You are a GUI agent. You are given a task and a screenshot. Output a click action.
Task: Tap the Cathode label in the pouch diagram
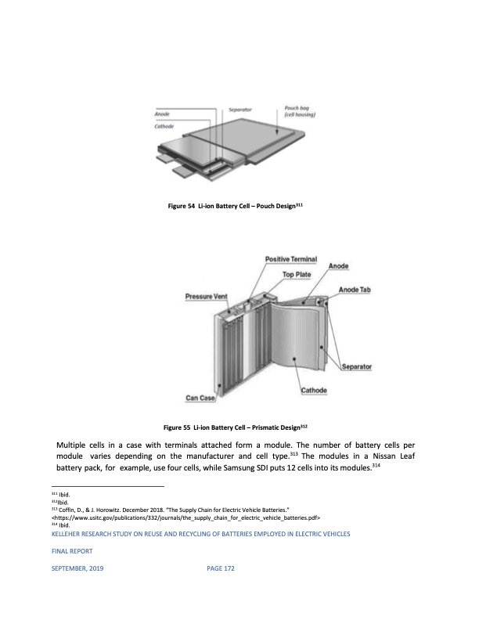click(x=164, y=125)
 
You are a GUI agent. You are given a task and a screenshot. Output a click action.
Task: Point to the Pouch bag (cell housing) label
click(x=297, y=112)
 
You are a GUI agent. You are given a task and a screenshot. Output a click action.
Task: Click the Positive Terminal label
click(x=291, y=259)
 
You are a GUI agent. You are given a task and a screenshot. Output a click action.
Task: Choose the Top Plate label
click(x=297, y=275)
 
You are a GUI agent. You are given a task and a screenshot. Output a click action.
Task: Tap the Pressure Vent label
click(x=206, y=296)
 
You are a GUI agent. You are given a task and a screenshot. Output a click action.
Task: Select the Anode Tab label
click(x=355, y=290)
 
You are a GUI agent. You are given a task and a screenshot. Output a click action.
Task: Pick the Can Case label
click(x=200, y=398)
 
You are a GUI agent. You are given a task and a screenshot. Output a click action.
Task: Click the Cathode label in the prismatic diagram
click(x=314, y=391)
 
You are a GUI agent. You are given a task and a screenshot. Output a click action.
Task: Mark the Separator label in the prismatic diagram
click(x=356, y=366)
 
